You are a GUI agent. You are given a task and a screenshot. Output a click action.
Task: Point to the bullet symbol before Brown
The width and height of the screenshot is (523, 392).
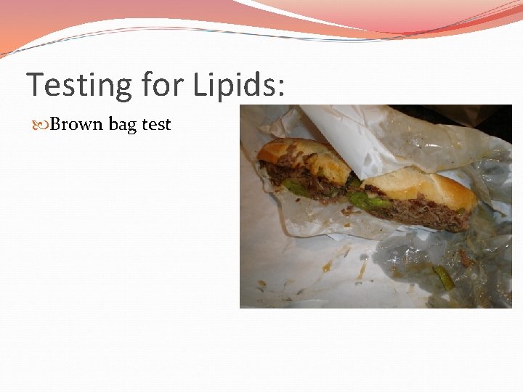[x=41, y=125]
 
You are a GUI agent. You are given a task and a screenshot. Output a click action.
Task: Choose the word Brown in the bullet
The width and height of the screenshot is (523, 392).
[x=77, y=124]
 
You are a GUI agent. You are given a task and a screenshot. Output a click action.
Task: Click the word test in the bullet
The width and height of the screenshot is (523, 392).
[x=156, y=124]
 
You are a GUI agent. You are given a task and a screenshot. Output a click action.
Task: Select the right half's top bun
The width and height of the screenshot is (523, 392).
[x=421, y=187]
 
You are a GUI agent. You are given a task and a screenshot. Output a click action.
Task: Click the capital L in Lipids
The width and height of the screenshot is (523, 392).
[x=200, y=85]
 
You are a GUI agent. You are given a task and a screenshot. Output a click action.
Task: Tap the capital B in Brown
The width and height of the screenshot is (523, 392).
[x=56, y=124]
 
